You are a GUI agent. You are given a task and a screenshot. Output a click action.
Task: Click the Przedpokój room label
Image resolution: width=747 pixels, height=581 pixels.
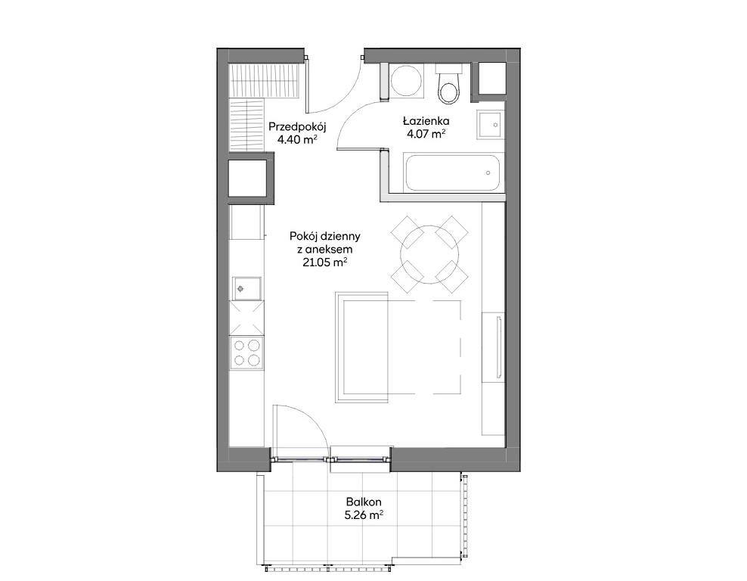297,127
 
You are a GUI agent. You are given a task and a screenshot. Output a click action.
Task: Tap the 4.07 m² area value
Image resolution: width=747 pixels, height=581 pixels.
426,134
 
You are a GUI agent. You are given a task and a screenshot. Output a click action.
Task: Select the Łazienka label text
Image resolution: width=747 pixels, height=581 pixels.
426,121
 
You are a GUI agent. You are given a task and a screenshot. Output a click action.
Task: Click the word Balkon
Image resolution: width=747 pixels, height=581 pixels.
364,502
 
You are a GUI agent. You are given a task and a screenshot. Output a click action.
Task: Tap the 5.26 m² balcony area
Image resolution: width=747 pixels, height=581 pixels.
364,514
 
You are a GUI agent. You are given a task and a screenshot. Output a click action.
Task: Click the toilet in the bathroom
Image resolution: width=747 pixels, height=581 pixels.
449,86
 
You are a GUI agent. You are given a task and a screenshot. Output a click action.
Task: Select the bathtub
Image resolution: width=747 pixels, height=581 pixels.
453,172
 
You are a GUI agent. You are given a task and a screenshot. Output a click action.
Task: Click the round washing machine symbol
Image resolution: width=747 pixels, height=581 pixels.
406,81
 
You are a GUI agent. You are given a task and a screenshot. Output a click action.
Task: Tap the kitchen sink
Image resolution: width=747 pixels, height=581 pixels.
246,288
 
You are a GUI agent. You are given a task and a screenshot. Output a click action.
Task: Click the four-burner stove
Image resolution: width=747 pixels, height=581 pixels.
246,353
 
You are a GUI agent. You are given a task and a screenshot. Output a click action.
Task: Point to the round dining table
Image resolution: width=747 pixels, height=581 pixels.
429,254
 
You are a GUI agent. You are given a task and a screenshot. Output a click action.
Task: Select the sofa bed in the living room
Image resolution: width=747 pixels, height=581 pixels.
398,347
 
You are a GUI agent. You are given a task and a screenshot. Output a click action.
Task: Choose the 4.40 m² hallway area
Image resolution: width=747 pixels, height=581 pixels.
297,140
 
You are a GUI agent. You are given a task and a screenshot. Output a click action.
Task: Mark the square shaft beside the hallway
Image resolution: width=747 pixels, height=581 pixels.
247,179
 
